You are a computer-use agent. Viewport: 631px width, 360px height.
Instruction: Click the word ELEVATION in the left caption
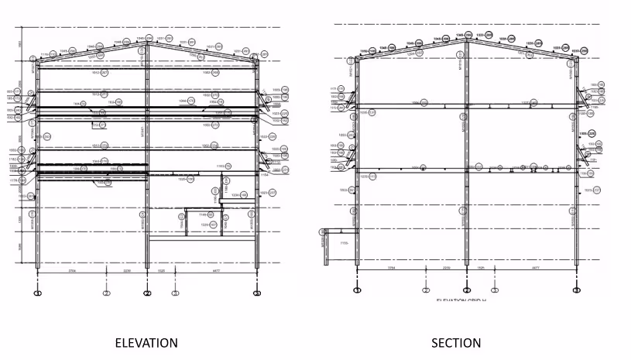coord(146,342)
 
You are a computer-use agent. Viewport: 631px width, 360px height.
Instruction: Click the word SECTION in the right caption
coord(456,342)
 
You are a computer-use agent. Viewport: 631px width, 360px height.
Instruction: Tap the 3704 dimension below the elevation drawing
coord(71,272)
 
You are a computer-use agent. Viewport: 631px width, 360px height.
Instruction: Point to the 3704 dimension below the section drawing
coord(391,269)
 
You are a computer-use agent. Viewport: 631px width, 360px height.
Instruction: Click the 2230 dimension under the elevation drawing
coord(127,272)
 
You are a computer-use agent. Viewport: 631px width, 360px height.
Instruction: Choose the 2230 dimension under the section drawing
coord(447,269)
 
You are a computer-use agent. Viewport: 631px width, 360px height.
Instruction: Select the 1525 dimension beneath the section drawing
coord(482,269)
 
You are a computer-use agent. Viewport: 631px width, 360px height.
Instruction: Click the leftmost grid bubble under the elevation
coord(37,293)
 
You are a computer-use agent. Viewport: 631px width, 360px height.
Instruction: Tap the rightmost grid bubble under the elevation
coord(257,293)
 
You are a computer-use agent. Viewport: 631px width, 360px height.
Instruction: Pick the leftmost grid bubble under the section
coord(357,290)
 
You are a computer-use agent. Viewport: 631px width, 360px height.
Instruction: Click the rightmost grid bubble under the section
coord(577,290)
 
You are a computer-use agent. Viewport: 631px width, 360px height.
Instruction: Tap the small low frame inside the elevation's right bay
coord(204,221)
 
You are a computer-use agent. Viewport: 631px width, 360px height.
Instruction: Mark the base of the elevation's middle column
coord(146,266)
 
